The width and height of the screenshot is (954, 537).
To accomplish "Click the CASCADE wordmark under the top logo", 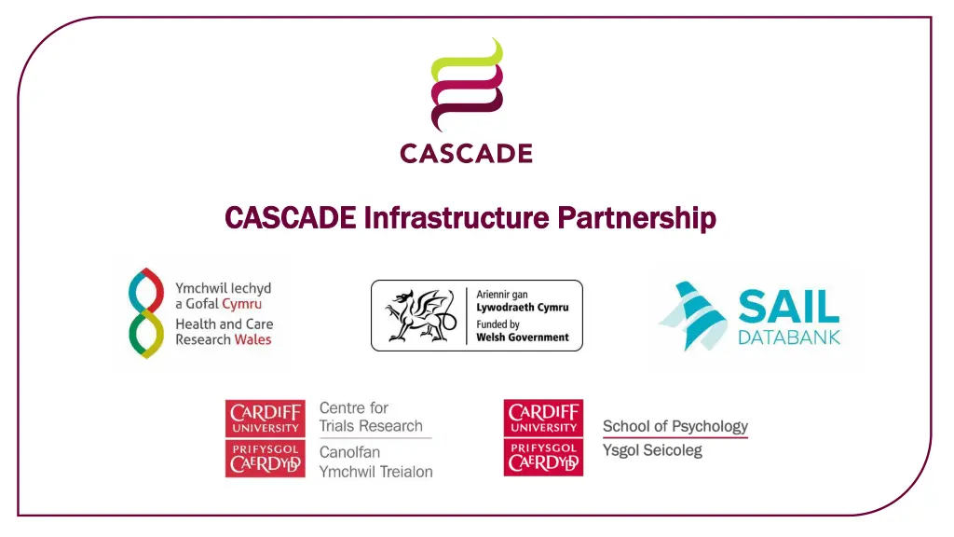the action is pyautogui.click(x=466, y=153).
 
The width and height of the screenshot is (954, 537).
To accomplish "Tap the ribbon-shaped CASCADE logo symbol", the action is pyautogui.click(x=466, y=86).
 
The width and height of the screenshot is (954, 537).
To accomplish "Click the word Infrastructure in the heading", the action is pyautogui.click(x=454, y=218).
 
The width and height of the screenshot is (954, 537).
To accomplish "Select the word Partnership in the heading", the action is pyautogui.click(x=636, y=218).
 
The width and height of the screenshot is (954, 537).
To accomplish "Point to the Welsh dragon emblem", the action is pyautogui.click(x=416, y=315).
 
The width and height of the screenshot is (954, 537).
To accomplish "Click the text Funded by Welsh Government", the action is pyautogui.click(x=522, y=331).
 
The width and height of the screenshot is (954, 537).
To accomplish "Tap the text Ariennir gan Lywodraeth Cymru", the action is pyautogui.click(x=522, y=301).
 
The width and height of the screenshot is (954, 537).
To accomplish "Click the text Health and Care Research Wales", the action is pyautogui.click(x=224, y=332).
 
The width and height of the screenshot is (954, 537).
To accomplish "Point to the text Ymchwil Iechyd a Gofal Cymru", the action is pyautogui.click(x=224, y=296).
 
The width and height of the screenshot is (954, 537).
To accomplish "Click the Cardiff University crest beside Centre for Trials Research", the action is pyautogui.click(x=265, y=438).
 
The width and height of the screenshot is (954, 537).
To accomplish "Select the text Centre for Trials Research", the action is pyautogui.click(x=371, y=417).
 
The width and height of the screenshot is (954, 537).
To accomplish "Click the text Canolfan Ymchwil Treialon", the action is pyautogui.click(x=375, y=461).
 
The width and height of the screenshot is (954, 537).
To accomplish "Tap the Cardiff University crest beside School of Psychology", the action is pyautogui.click(x=543, y=438).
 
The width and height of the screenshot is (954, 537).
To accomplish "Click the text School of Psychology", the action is pyautogui.click(x=675, y=426).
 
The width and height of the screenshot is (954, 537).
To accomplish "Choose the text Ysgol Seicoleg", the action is pyautogui.click(x=652, y=450).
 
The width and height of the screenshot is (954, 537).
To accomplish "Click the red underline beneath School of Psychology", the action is pyautogui.click(x=675, y=437).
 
